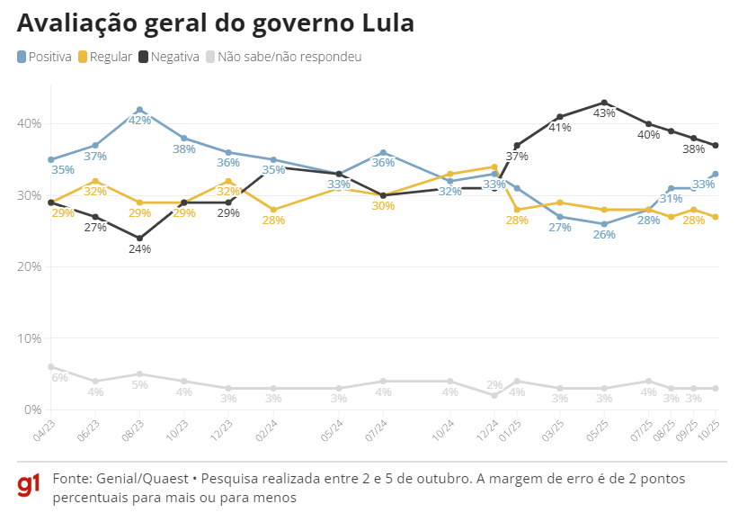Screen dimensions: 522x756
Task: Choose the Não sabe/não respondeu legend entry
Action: [x=283, y=57]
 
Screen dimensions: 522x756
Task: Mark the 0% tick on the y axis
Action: [x=32, y=409]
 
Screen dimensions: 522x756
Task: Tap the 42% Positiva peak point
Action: [x=139, y=109]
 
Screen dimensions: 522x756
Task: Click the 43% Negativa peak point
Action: [x=604, y=103]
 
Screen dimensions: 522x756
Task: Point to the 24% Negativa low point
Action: [x=139, y=238]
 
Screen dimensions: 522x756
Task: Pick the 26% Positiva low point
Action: [x=604, y=224]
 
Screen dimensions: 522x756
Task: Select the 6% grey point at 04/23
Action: [x=50, y=366]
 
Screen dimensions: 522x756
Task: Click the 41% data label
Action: [x=560, y=128]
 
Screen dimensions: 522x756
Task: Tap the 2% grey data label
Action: [x=494, y=385]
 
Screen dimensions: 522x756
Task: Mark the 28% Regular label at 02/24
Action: [x=274, y=220]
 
